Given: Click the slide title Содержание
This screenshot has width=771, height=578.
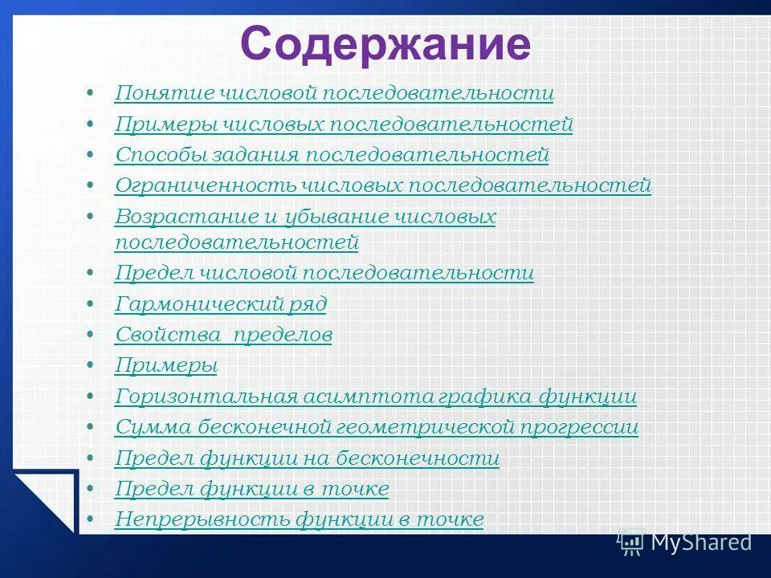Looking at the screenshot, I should tap(385, 44).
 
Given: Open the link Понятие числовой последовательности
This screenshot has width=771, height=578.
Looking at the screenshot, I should tap(334, 94).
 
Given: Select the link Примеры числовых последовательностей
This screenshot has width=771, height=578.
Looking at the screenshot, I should tap(344, 124).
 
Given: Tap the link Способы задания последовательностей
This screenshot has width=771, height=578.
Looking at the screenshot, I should tap(332, 155).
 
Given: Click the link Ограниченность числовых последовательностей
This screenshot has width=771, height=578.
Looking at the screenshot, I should tap(382, 185).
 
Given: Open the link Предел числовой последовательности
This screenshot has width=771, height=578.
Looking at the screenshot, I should tap(324, 273).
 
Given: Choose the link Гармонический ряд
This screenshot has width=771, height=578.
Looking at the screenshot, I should tap(220, 304).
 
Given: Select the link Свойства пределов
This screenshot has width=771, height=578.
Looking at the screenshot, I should tap(223, 335).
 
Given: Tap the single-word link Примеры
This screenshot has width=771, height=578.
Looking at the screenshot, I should tap(166, 365).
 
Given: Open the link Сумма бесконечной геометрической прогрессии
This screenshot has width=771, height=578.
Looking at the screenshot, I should tap(376, 427).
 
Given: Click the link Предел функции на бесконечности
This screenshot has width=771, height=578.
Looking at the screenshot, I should tap(307, 458).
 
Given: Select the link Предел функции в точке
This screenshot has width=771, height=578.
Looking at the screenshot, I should tap(251, 489).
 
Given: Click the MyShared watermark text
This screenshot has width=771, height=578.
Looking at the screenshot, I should tap(700, 543).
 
